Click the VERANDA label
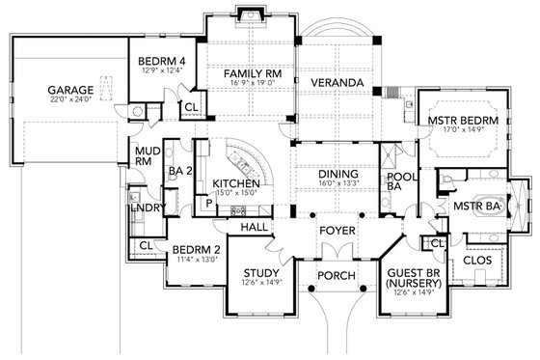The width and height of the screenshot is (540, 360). (336, 84)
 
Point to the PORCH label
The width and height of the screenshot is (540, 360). (337, 276)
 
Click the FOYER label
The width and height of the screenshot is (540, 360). (337, 232)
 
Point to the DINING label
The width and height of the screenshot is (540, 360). (337, 175)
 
